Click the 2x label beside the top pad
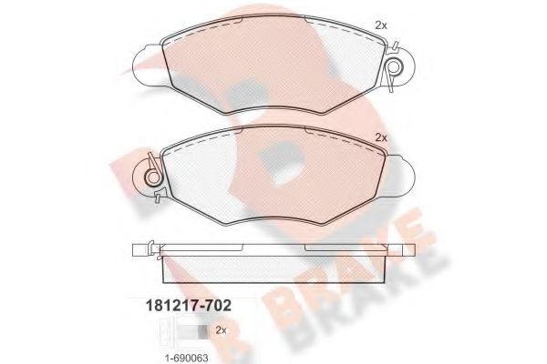(x=381, y=25)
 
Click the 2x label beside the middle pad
(x=381, y=137)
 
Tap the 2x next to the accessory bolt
(x=221, y=329)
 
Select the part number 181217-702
(x=189, y=306)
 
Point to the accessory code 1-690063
(x=186, y=358)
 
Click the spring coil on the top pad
(x=395, y=66)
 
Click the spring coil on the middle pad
(x=153, y=177)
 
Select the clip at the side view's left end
(x=153, y=249)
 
